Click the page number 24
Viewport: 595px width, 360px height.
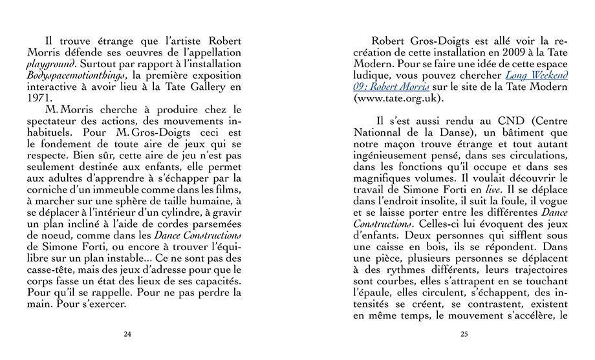click(127, 334)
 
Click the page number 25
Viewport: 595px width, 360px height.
click(464, 334)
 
